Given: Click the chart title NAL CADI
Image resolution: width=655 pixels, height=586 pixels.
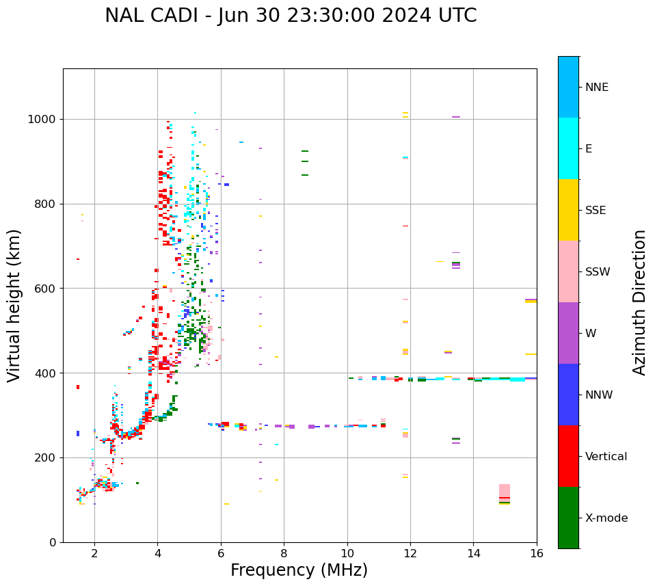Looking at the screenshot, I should [291, 16].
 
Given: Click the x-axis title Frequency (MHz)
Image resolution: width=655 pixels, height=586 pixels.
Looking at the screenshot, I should [299, 570].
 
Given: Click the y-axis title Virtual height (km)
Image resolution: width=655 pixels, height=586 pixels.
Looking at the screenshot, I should [14, 305].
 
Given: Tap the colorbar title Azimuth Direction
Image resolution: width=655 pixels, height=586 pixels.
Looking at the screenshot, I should [639, 302].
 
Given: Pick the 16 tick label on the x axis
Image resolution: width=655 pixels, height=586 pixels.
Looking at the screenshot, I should [536, 553].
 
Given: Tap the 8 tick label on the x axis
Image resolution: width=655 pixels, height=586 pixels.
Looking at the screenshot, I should [284, 553].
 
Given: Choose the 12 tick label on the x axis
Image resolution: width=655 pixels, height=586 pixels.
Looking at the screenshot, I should [410, 553].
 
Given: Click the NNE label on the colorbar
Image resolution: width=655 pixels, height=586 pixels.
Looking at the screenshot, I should [596, 88].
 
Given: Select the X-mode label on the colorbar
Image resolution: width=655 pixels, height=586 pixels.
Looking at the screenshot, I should [606, 518].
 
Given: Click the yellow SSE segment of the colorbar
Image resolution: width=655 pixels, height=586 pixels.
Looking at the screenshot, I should [568, 210].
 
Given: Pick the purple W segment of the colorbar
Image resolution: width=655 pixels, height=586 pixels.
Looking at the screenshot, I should [568, 333].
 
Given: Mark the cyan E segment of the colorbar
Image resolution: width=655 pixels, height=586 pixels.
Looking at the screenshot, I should [568, 148].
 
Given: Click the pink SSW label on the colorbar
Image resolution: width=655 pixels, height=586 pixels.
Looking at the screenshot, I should [598, 272].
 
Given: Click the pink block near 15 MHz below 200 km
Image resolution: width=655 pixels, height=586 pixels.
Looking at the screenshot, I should [505, 490].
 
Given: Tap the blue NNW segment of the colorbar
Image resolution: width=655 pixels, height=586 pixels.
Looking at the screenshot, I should [568, 395].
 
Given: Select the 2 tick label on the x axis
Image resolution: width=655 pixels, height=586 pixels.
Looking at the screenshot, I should [94, 553].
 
